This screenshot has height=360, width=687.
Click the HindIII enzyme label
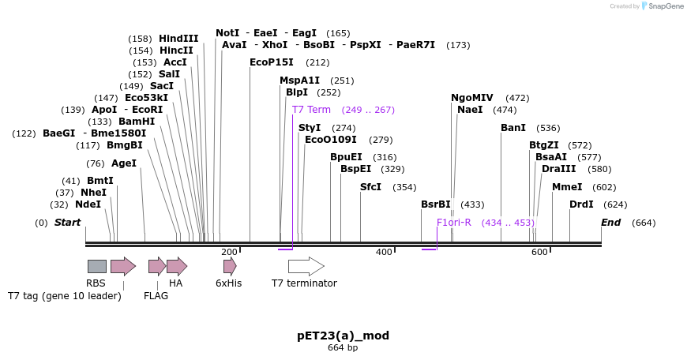pyautogui.click(x=178, y=39)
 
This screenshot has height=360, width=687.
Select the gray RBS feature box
pyautogui.click(x=97, y=266)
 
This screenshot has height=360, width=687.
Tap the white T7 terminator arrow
pyautogui.click(x=306, y=266)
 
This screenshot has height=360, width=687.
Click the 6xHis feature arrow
pyautogui.click(x=230, y=266)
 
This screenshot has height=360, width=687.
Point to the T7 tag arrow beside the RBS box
pyautogui.click(x=123, y=266)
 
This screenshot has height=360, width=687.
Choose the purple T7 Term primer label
pyautogui.click(x=311, y=110)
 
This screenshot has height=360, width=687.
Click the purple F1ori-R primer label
pyautogui.click(x=454, y=223)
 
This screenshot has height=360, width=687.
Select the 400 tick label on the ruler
pyautogui.click(x=384, y=252)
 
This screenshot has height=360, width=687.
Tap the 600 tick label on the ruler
pyautogui.click(x=539, y=252)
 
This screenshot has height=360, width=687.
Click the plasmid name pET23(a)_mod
pyautogui.click(x=343, y=336)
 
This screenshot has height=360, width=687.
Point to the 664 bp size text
pyautogui.click(x=343, y=347)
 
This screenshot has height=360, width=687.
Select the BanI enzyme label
pyautogui.click(x=513, y=127)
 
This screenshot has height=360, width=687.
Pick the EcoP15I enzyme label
pyautogui.click(x=271, y=62)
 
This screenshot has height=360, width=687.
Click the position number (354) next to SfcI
pyautogui.click(x=404, y=187)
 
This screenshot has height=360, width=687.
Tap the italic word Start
pyautogui.click(x=67, y=223)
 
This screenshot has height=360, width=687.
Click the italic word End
pyautogui.click(x=610, y=223)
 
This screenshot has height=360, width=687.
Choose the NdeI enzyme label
pyautogui.click(x=88, y=204)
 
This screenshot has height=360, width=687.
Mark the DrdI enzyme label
pyautogui.click(x=581, y=204)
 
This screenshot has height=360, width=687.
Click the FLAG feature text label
pyautogui.click(x=156, y=296)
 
